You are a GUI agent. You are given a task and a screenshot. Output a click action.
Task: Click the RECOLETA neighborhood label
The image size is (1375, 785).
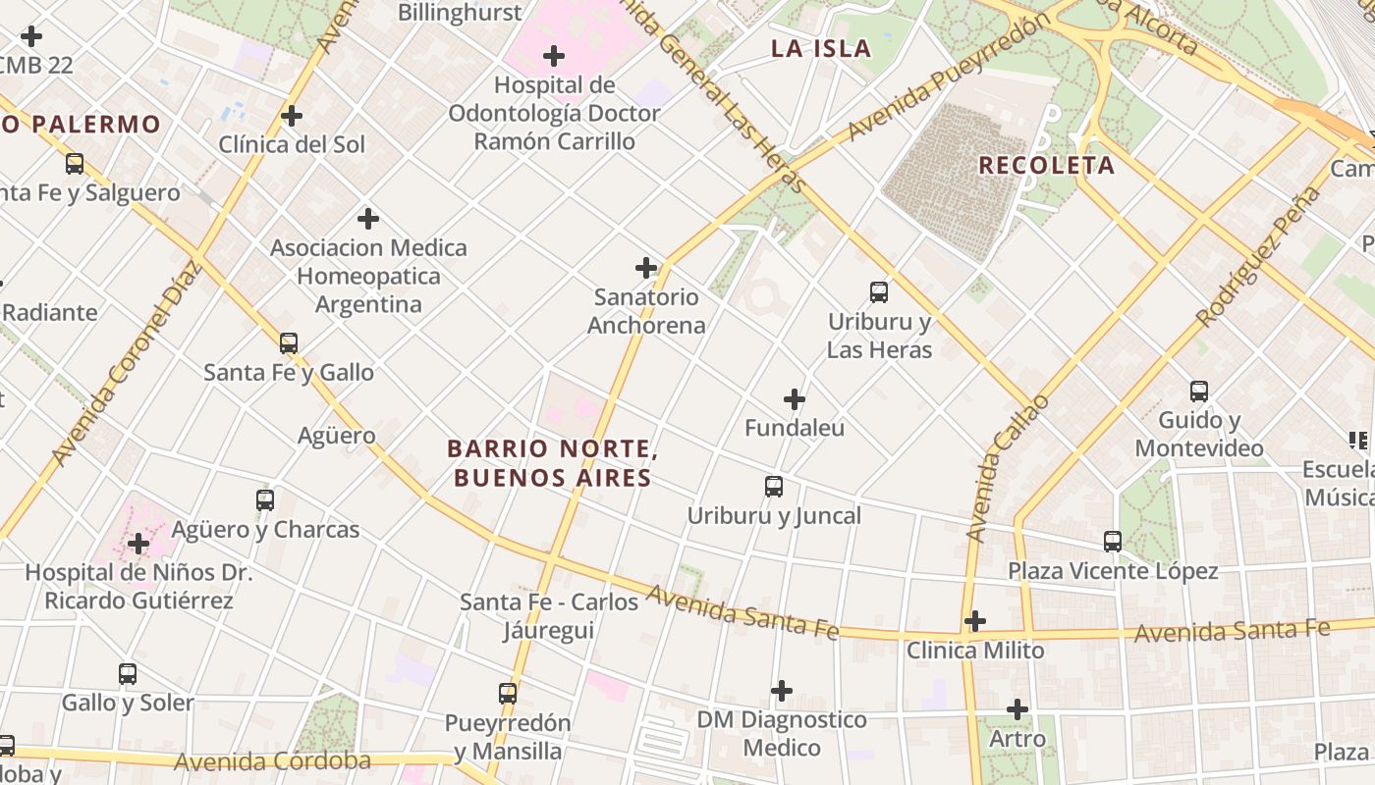1046,165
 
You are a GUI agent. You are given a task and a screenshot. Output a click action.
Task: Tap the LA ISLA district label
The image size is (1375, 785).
821,48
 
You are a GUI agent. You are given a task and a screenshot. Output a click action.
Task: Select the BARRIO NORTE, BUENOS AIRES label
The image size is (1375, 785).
551,463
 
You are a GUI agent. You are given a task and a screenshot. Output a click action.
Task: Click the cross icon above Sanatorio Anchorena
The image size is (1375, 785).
646,267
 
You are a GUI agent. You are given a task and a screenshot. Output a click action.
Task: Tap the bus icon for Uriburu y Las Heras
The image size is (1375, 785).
879,291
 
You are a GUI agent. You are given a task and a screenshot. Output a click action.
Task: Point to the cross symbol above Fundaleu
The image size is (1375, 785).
795,399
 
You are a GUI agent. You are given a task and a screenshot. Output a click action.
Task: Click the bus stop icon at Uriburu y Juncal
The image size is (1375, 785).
774,486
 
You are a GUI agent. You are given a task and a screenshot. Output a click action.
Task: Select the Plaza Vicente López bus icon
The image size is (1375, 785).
1112,541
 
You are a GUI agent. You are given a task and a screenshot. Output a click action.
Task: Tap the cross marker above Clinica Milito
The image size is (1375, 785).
974,621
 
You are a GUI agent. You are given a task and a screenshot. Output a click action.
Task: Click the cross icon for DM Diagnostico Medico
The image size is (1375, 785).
782,691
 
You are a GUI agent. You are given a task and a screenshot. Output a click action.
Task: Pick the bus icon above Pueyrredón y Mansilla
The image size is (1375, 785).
507,693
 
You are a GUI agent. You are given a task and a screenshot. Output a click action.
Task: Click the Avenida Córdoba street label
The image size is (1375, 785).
272,761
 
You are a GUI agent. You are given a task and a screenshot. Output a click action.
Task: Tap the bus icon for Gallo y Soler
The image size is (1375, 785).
128,674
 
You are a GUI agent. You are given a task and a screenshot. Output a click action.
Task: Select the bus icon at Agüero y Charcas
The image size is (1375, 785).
265,499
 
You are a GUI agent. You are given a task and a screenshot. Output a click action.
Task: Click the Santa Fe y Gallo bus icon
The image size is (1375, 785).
288,342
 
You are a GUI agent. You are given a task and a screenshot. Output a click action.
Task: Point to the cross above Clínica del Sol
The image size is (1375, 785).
292,116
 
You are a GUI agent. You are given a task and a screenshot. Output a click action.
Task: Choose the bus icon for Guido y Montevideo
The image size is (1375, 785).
1198,391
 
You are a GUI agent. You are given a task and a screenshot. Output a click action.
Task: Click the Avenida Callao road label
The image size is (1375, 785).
1007,469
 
